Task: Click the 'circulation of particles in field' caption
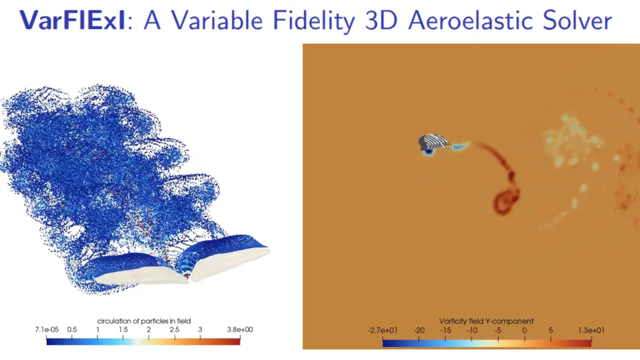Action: tap(143, 321)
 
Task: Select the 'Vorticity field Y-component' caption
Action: tap(487, 321)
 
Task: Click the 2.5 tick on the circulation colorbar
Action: tap(174, 329)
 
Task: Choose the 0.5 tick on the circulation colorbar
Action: tap(72, 329)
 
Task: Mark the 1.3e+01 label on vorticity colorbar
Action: tap(591, 329)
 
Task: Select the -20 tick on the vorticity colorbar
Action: tap(419, 329)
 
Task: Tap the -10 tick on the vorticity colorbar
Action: tap(472, 329)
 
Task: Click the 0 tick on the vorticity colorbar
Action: tap(525, 329)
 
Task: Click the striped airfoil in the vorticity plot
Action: tap(434, 142)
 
